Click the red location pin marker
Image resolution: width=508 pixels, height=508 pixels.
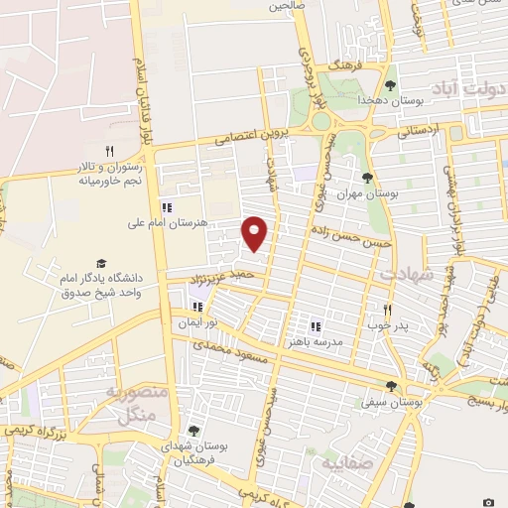(255, 233)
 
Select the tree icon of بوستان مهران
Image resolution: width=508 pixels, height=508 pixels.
(367, 178)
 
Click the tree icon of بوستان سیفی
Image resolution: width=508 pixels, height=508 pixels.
(391, 387)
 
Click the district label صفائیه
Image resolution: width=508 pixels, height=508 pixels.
(339, 462)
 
